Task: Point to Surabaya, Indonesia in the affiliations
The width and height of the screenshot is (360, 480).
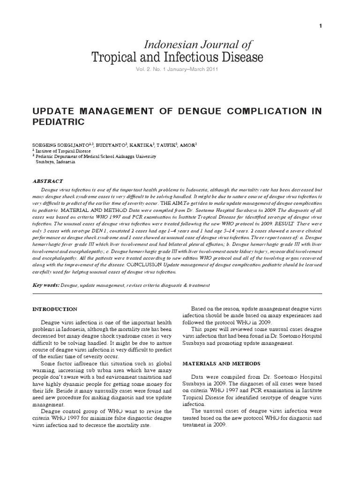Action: click(x=55, y=162)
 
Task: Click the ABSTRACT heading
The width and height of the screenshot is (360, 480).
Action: click(x=47, y=180)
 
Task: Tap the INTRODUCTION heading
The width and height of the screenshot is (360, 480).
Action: click(x=54, y=309)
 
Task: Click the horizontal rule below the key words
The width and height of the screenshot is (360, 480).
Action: click(x=177, y=293)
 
